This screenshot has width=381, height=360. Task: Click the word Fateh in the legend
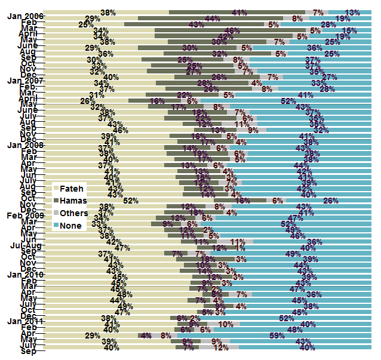(x=72, y=188)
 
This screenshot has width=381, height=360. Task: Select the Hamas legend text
(x=74, y=201)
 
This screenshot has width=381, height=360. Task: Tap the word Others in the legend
(x=75, y=213)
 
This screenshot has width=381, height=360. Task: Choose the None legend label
(x=71, y=226)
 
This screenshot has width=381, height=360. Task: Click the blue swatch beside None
(x=56, y=226)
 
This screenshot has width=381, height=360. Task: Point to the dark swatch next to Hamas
(x=56, y=201)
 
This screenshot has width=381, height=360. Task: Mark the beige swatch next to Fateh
(x=56, y=188)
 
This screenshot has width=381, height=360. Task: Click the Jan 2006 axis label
(x=25, y=16)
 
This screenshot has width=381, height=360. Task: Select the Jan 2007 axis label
(x=25, y=81)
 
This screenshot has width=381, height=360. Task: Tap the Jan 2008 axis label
(x=25, y=145)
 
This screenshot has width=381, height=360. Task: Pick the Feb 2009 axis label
(x=25, y=214)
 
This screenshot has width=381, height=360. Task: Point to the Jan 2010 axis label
(x=25, y=274)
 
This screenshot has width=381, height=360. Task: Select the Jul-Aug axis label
(x=26, y=245)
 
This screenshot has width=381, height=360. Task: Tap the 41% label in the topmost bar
(x=240, y=13)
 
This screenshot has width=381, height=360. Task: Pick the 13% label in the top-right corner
(x=352, y=13)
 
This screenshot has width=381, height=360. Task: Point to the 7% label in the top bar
(x=318, y=13)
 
